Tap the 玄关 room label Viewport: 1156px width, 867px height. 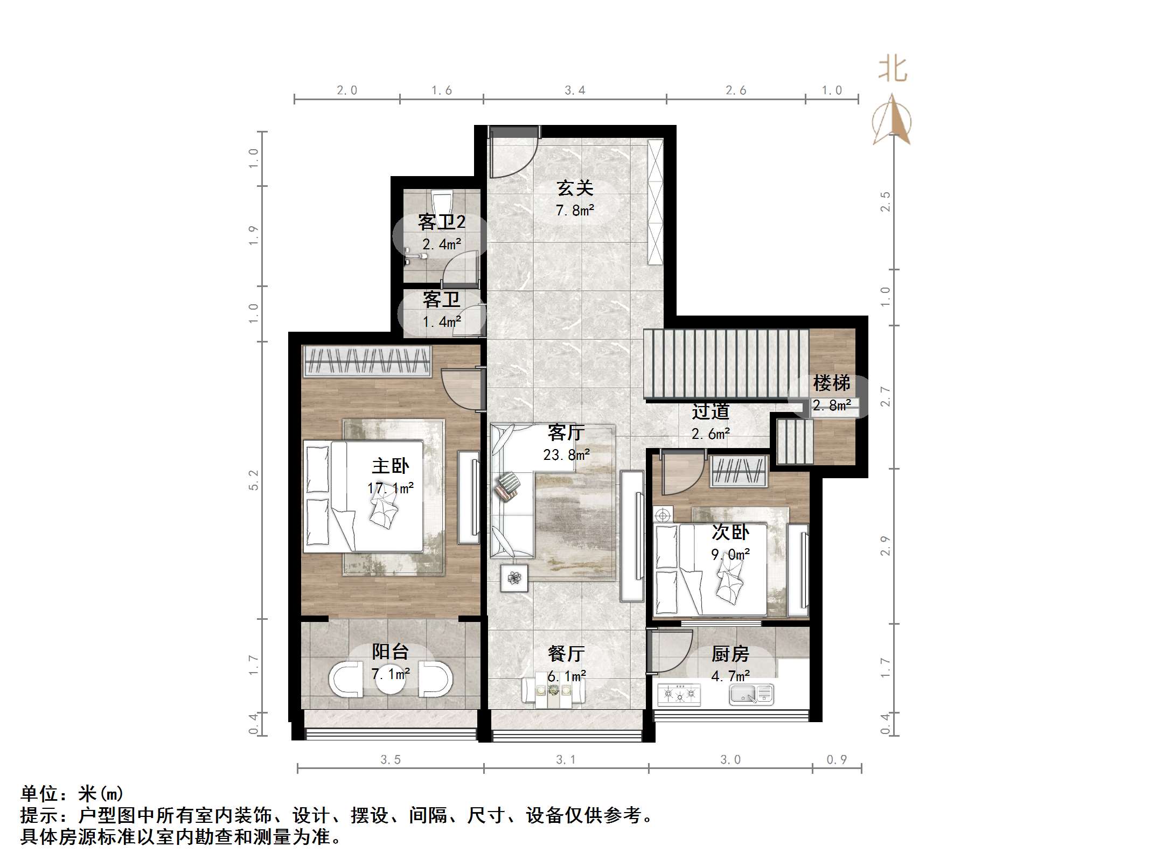[x=575, y=188]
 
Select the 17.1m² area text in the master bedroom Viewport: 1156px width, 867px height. [x=391, y=488]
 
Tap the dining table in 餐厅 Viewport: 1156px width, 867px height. [x=554, y=691]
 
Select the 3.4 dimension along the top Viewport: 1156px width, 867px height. [x=575, y=90]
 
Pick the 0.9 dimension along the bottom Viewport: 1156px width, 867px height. [x=837, y=759]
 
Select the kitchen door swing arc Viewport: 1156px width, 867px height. [x=671, y=652]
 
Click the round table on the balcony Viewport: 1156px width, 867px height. [x=391, y=680]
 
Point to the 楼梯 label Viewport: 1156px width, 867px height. [x=831, y=383]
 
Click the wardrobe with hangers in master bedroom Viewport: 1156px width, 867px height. [x=368, y=360]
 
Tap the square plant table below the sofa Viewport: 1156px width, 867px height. [x=514, y=578]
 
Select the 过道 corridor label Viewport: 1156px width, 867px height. [x=711, y=411]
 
